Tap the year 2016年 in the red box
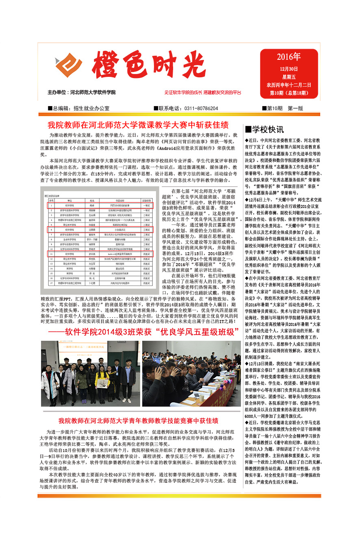[289, 57]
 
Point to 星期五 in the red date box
[289, 77]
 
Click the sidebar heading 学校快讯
[265, 130]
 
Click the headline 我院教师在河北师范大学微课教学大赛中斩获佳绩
[138, 125]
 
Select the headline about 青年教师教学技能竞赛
[139, 420]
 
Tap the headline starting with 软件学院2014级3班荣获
[143, 332]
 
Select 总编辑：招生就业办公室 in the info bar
[78, 109]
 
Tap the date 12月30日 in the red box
[289, 69]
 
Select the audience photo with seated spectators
[191, 373]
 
